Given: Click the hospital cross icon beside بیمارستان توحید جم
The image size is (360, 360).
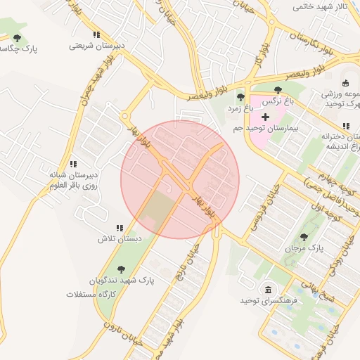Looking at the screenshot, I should coord(265,117).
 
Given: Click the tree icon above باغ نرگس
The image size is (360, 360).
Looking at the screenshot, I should coord(278,90).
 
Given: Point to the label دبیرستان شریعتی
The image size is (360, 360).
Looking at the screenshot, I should coord(96,46).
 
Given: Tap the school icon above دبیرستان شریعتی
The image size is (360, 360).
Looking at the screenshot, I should coord(96,34).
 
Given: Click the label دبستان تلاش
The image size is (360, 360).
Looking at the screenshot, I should coord(120,239).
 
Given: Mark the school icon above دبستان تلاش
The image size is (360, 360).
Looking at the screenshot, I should coord(120,228).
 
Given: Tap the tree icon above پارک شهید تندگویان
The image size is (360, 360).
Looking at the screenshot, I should coord(121,269).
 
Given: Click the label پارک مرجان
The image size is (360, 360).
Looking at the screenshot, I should coord(303,249).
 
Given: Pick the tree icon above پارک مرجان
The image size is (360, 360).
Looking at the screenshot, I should coord(304,237).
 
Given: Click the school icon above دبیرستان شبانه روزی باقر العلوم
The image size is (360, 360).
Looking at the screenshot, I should coord(73,164).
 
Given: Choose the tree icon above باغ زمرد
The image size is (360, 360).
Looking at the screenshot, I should coord(240,97).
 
